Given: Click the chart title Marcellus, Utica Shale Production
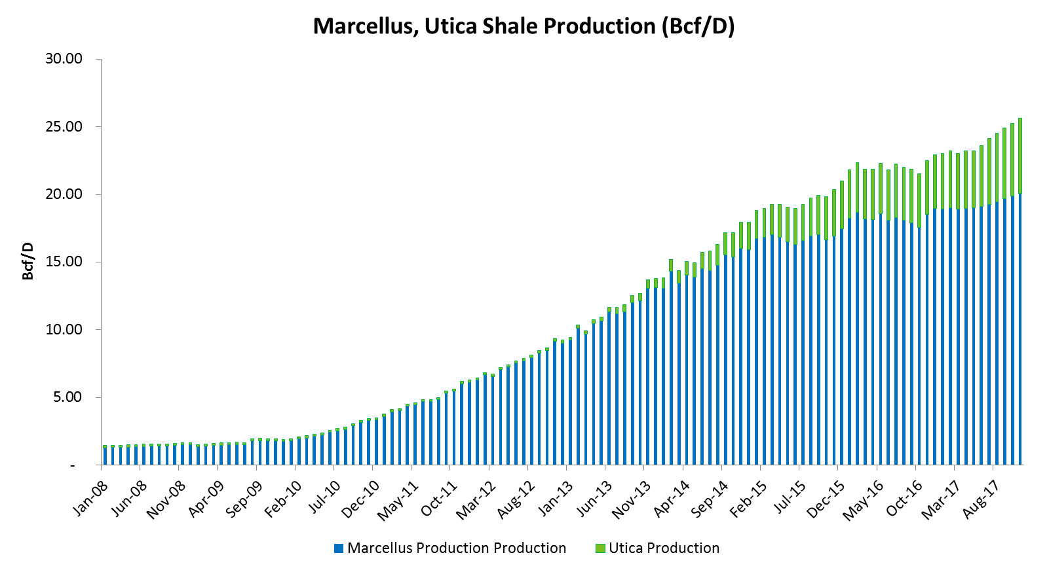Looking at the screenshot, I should pos(524,26).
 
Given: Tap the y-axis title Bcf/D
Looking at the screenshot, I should pos(28,261).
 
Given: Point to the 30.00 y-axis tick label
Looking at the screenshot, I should pos(64,59).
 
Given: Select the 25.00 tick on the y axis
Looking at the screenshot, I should pos(64,126).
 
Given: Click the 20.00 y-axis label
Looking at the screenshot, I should pos(64,194).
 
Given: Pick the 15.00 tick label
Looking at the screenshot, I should pos(64,262).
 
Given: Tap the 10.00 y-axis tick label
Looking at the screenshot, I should pos(64,330).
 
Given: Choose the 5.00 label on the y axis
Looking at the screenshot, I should pos(67,397).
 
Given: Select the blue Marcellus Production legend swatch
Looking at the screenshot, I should pos(339,548).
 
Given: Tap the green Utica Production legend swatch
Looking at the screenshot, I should pos(600,548).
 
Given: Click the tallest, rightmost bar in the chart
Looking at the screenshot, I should pos(1020,294).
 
